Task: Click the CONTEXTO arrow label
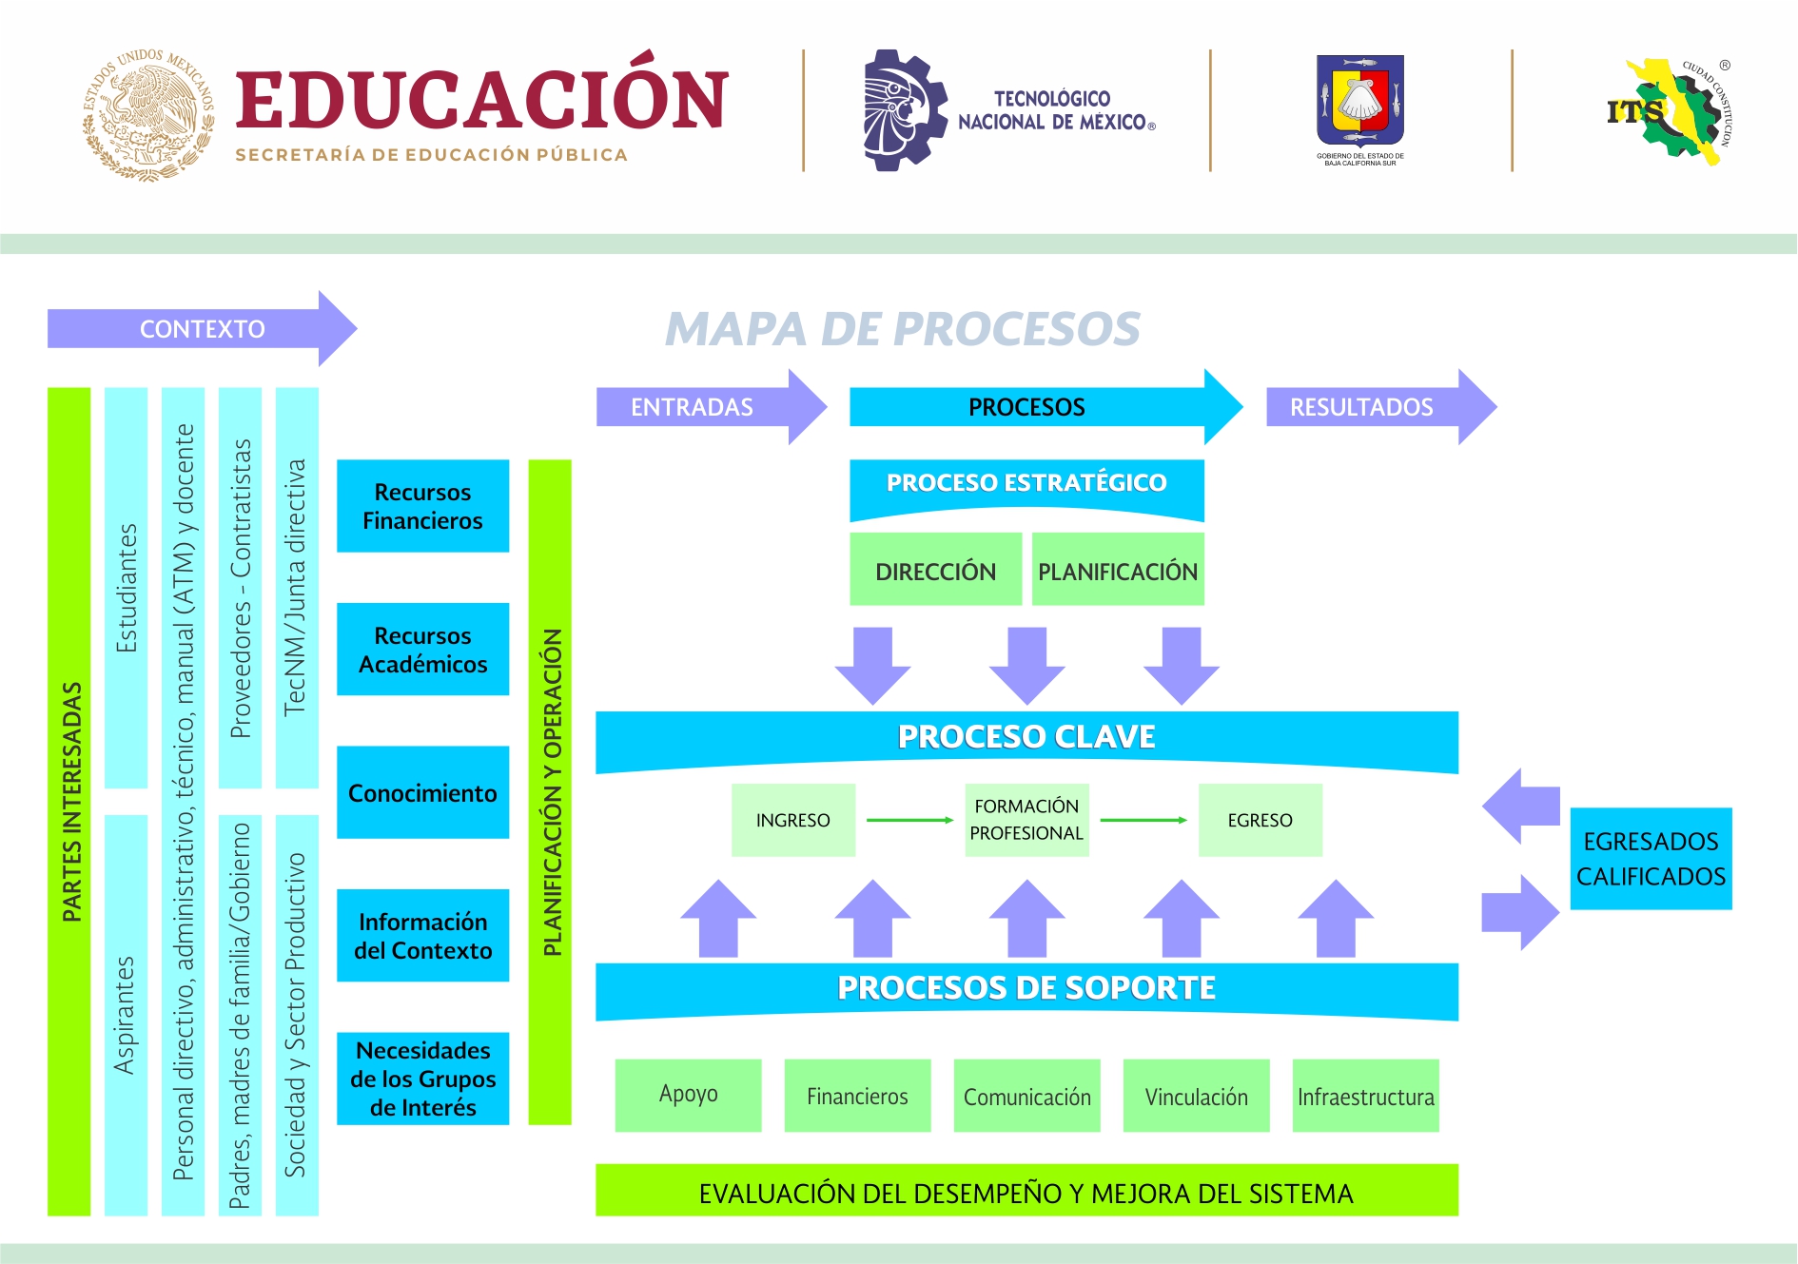[202, 329]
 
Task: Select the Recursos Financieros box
[422, 506]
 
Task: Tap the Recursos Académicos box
[422, 650]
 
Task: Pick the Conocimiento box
[422, 792]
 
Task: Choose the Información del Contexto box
[422, 936]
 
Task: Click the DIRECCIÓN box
[935, 571]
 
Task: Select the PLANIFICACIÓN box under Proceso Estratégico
[1118, 571]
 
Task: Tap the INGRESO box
[792, 820]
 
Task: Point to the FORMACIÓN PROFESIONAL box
[1026, 820]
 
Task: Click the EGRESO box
[1260, 820]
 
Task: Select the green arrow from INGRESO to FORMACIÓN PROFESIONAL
[909, 820]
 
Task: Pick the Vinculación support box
[1196, 1096]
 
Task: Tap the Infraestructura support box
[1365, 1096]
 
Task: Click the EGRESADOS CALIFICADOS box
[1651, 859]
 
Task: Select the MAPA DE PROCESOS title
[902, 329]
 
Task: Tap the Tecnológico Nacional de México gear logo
[904, 110]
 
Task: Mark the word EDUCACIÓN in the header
[481, 99]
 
